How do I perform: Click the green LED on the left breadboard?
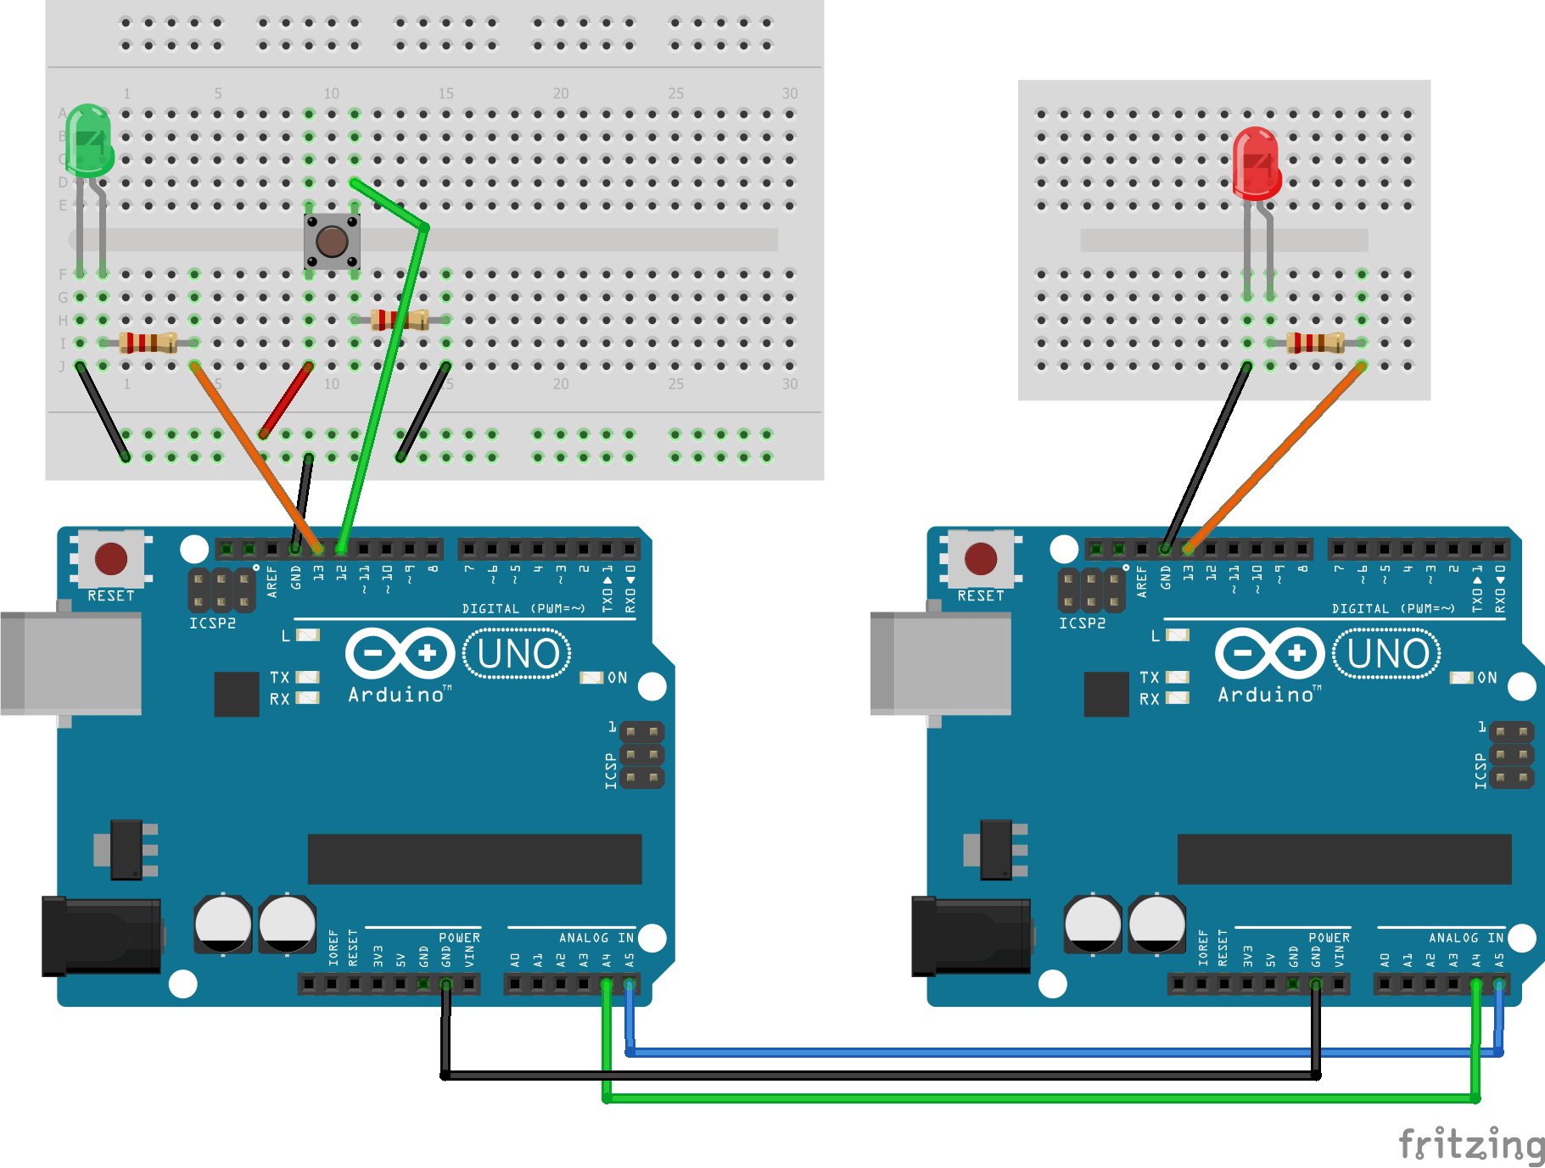[x=89, y=140]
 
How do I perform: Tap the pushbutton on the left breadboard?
[x=332, y=242]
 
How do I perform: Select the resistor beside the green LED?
[x=148, y=343]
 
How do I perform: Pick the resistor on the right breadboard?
[x=1315, y=343]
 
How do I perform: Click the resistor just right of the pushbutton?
[x=400, y=320]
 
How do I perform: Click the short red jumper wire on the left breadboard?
[x=286, y=400]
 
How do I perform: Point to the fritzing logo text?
[x=1470, y=1144]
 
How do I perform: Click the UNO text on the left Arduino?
[x=518, y=654]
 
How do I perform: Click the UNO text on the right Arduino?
[x=1387, y=654]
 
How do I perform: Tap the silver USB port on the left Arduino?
[x=72, y=663]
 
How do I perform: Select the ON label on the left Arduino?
[x=617, y=678]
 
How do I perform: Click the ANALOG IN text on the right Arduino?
[x=1465, y=937]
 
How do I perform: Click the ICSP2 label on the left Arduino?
[x=212, y=623]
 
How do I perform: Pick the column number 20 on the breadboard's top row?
[x=561, y=93]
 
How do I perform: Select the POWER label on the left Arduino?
[x=459, y=937]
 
